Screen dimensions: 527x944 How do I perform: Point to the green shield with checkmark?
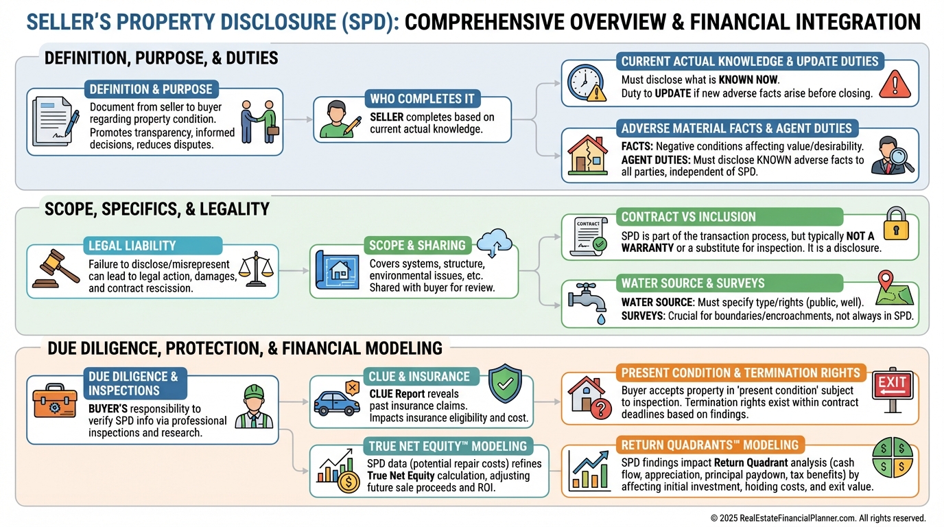tap(504, 384)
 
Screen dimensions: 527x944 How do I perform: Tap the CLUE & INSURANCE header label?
tap(419, 376)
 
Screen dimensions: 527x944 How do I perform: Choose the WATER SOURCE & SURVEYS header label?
tap(693, 283)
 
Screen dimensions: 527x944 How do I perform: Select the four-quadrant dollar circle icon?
tap(892, 454)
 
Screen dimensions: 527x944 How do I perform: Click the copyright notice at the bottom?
tap(818, 518)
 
